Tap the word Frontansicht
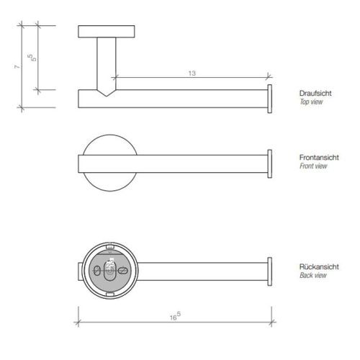click(x=315, y=157)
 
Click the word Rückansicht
click(x=314, y=266)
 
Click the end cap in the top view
click(x=269, y=98)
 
